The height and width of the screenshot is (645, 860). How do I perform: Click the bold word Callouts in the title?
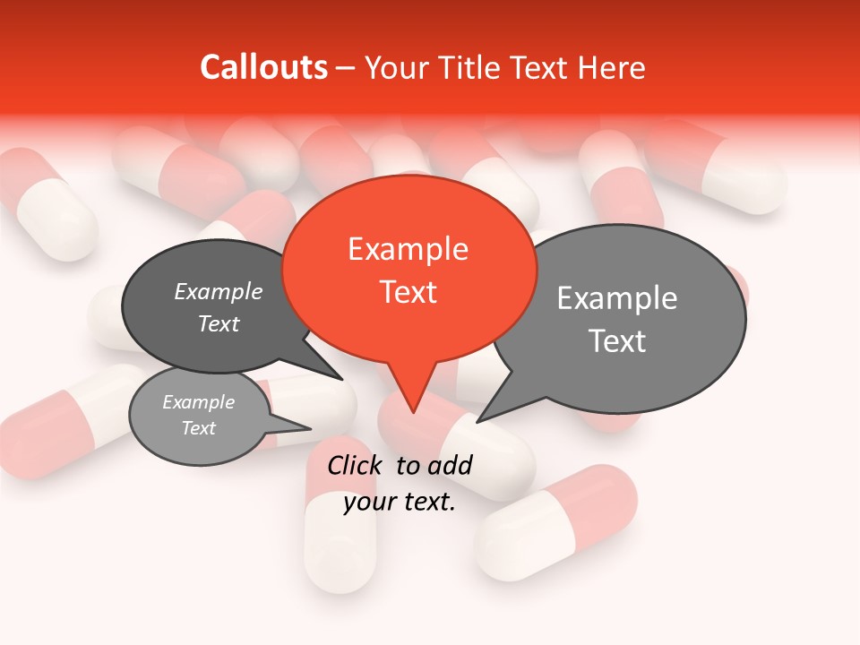(x=263, y=67)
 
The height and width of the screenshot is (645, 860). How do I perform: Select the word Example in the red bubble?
(x=408, y=249)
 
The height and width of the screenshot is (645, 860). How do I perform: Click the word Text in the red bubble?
(x=408, y=292)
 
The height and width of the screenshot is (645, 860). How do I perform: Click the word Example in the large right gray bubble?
(x=617, y=298)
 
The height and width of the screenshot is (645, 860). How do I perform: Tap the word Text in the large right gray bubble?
(x=617, y=341)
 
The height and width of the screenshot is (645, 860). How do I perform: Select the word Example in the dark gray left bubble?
(x=219, y=292)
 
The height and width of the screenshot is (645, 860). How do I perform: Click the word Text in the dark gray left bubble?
(x=219, y=323)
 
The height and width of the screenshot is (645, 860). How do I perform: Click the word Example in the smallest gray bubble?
(x=199, y=402)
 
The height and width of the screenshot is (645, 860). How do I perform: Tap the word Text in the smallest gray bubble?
(x=199, y=428)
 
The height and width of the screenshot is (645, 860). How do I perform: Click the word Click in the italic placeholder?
(x=355, y=465)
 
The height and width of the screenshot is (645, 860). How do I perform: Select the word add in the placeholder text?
(x=449, y=465)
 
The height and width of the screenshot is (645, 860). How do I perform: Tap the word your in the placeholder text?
(x=368, y=502)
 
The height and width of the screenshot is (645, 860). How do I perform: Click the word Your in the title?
(x=391, y=67)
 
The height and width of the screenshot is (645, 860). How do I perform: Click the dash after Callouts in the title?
(x=345, y=67)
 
